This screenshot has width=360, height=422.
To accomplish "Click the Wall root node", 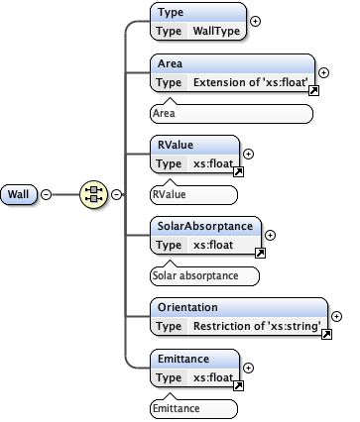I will tap(19, 193).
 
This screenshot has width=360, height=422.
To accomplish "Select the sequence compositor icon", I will tap(93, 193).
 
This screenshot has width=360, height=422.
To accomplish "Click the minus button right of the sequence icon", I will tap(116, 193).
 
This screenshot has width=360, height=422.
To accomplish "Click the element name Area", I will tap(171, 64).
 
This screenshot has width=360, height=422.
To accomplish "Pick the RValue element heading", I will tap(177, 145).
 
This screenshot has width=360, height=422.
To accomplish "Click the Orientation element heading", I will tap(190, 306).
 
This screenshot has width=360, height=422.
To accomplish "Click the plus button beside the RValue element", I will tap(248, 154).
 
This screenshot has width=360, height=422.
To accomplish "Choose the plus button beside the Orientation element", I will tap(337, 316).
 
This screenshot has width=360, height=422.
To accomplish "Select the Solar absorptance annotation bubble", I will tap(203, 274).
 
